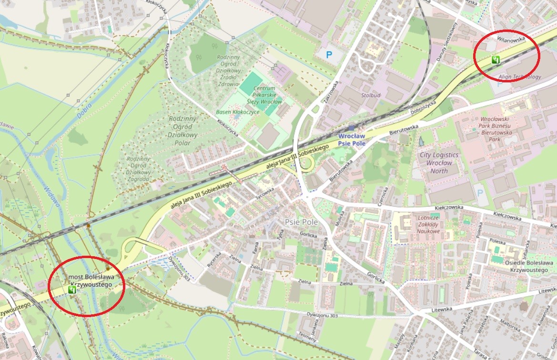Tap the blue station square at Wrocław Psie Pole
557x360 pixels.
[352, 128]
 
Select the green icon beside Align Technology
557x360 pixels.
[496, 60]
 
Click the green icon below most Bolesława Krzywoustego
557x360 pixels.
[72, 289]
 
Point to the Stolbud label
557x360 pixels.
[371, 95]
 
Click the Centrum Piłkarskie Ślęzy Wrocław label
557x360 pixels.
[264, 95]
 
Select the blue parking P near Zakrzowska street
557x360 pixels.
[329, 55]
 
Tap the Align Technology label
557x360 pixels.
[519, 76]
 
